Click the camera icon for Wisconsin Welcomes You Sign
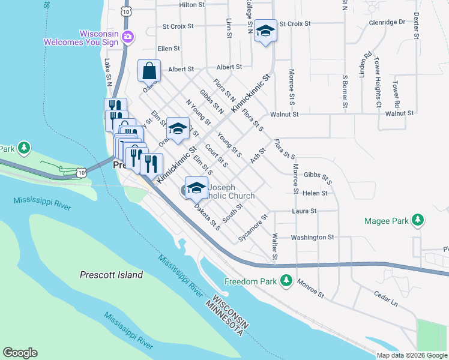click(127, 37)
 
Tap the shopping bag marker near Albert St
click(149, 70)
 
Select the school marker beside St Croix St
click(265, 31)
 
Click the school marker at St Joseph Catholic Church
click(196, 188)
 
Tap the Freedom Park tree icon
click(287, 281)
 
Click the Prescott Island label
click(111, 275)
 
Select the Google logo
click(20, 353)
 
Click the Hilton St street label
click(192, 5)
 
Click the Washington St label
click(312, 238)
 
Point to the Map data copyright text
click(411, 355)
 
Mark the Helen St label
click(315, 193)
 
